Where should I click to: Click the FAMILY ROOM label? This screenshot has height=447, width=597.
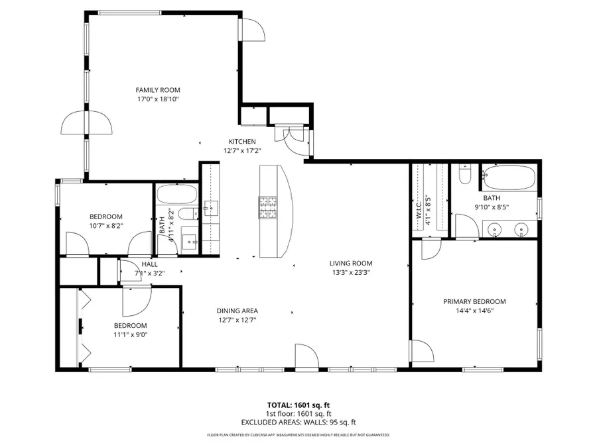pyautogui.click(x=158, y=90)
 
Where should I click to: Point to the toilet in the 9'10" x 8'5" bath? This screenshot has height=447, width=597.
pyautogui.click(x=465, y=175)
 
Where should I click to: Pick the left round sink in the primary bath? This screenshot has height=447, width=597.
pyautogui.click(x=494, y=229)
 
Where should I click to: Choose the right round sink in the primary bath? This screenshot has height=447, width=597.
pyautogui.click(x=522, y=229)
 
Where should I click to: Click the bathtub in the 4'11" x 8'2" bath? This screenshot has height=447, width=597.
pyautogui.click(x=176, y=195)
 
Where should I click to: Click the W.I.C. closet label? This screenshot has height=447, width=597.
pyautogui.click(x=419, y=211)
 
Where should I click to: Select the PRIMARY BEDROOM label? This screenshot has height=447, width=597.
pyautogui.click(x=474, y=301)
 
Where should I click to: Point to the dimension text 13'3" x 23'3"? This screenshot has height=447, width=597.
pyautogui.click(x=351, y=272)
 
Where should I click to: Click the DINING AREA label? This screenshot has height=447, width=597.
pyautogui.click(x=237, y=311)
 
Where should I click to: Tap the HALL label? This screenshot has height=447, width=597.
pyautogui.click(x=149, y=264)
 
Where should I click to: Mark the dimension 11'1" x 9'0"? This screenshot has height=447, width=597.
pyautogui.click(x=130, y=334)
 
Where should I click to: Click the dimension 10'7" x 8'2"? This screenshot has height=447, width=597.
pyautogui.click(x=106, y=226)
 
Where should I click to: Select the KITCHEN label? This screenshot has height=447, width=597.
pyautogui.click(x=242, y=141)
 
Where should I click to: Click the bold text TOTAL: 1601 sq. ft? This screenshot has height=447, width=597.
pyautogui.click(x=298, y=405)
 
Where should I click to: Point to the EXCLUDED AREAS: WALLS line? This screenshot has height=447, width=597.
pyautogui.click(x=298, y=422)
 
